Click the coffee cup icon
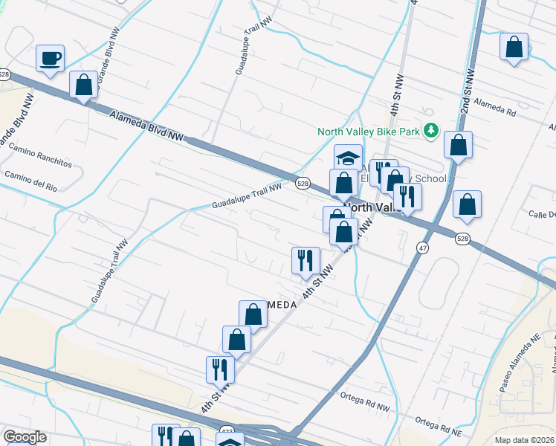point(50,58)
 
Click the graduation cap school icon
point(348,158)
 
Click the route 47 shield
point(422,250)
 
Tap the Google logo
point(24,437)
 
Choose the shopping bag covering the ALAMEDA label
point(253,314)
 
